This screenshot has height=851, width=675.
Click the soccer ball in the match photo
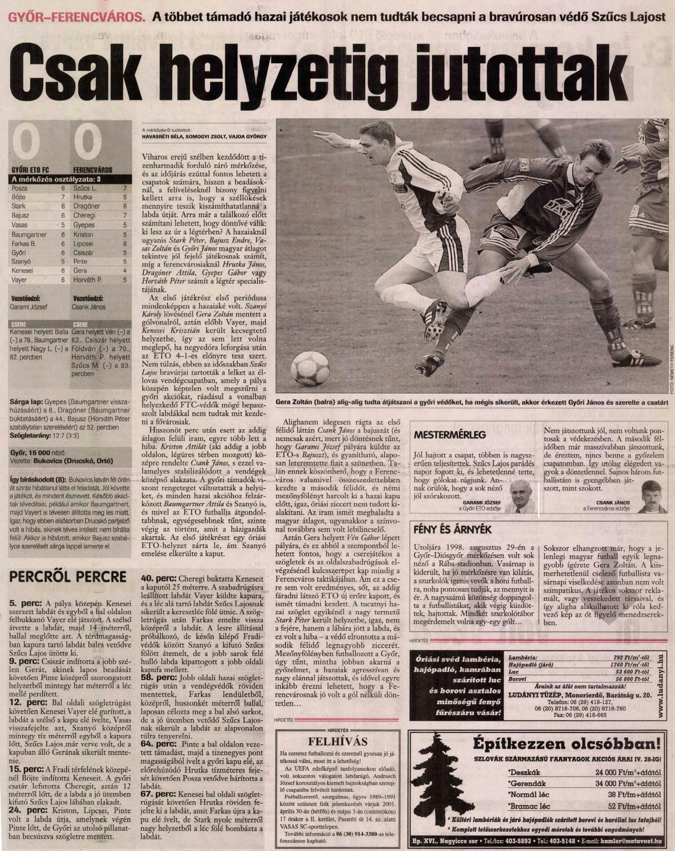tap(310, 368)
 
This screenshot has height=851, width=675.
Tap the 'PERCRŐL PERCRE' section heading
tap(68, 577)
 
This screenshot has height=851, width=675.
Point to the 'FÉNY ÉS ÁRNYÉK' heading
tap(453, 530)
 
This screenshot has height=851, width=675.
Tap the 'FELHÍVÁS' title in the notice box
tap(337, 742)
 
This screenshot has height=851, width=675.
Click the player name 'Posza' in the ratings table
tap(19, 188)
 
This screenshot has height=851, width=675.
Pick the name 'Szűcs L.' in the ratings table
tap(85, 188)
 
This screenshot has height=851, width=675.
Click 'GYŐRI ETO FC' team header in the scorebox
tap(30, 170)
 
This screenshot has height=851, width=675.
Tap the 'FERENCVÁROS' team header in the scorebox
tap(93, 170)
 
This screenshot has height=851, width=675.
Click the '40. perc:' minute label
tap(159, 579)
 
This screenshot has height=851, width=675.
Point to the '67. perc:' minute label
tap(159, 795)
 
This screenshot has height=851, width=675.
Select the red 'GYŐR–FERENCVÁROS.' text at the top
tap(77, 18)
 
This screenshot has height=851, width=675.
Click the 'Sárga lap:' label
tap(26, 402)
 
